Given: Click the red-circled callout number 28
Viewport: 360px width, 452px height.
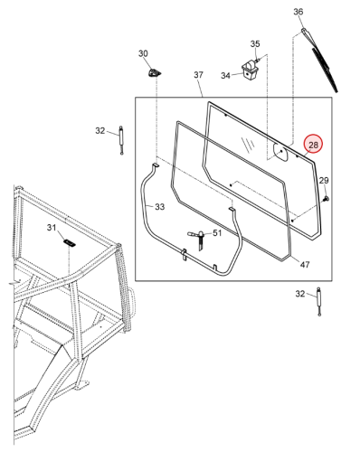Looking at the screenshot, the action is tap(313, 145).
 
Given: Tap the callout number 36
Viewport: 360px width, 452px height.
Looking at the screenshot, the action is tap(298, 12).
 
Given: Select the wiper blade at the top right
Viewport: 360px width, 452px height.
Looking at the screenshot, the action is tap(320, 60).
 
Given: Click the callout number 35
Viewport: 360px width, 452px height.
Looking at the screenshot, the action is tap(255, 43).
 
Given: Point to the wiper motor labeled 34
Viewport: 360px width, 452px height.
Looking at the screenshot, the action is tap(250, 71).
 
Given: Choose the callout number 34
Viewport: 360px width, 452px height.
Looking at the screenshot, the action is tap(225, 75).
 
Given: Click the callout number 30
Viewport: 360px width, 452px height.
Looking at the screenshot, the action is tap(143, 53).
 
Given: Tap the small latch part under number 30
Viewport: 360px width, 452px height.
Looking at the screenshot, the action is tap(154, 73).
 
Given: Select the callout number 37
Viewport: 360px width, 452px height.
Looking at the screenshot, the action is tap(198, 75).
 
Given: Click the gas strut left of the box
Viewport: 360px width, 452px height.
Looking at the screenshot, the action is tap(121, 140).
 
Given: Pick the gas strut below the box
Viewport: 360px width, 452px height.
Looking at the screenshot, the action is tap(319, 302).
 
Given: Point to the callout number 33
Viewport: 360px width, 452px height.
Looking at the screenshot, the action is tap(160, 207).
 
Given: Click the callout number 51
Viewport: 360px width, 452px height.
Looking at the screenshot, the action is tap(217, 233).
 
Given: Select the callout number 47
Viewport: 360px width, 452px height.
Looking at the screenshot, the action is tap(305, 264).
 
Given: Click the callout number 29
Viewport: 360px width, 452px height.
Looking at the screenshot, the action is tap(324, 181).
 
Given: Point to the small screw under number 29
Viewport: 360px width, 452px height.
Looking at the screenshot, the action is tap(326, 199).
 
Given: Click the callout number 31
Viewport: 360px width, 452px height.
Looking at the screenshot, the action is tap(52, 227).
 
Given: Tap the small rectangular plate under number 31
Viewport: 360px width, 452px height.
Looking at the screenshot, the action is tap(70, 243).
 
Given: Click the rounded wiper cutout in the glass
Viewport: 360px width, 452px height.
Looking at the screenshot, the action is tap(280, 153).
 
